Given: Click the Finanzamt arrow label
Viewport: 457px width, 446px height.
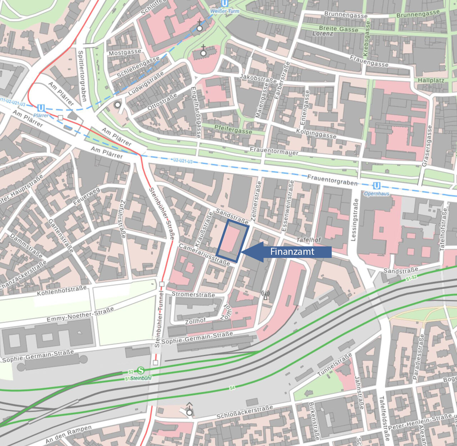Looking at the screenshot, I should pyautogui.click(x=292, y=252).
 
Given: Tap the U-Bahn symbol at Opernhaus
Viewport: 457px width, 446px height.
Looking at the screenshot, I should pyautogui.click(x=376, y=186).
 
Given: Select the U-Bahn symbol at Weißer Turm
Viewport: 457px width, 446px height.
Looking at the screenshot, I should pyautogui.click(x=224, y=4).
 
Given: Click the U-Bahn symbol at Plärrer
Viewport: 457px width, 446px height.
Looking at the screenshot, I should pyautogui.click(x=41, y=108).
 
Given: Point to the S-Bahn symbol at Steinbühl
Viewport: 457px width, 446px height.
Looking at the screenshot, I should pyautogui.click(x=141, y=371).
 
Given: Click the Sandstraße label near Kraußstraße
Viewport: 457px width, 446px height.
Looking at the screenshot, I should pyautogui.click(x=232, y=216).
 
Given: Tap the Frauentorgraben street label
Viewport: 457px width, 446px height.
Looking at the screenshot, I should pyautogui.click(x=332, y=180).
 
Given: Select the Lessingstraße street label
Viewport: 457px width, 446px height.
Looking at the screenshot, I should pyautogui.click(x=355, y=220).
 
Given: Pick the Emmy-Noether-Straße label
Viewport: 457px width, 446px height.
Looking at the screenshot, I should pyautogui.click(x=80, y=314).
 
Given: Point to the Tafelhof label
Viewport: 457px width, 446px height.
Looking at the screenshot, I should pyautogui.click(x=308, y=240).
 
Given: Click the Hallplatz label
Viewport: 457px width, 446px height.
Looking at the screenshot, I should pyautogui.click(x=431, y=80).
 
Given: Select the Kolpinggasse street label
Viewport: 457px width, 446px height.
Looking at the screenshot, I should pyautogui.click(x=316, y=133).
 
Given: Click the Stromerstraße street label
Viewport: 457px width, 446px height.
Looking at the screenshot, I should pyautogui.click(x=193, y=294).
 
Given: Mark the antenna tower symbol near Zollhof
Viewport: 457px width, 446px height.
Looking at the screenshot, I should pyautogui.click(x=265, y=295).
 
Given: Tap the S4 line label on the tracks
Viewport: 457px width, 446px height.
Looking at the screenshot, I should pyautogui.click(x=232, y=387).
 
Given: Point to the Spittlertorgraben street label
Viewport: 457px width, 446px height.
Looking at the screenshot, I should pyautogui.click(x=82, y=76).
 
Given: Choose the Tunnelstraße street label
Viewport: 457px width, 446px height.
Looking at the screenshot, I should pyautogui.click(x=335, y=365).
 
